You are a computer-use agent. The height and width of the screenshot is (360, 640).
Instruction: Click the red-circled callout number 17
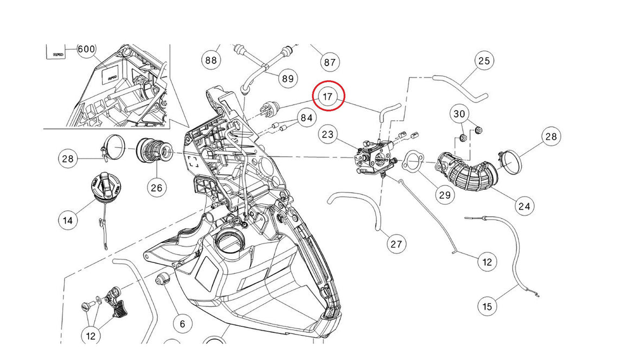[328, 97]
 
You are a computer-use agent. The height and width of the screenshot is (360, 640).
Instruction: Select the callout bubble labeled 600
[86, 49]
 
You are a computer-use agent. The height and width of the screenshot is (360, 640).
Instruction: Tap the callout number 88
[212, 60]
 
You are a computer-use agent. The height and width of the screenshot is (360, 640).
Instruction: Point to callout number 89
[287, 79]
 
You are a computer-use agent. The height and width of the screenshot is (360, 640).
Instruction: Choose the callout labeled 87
[329, 62]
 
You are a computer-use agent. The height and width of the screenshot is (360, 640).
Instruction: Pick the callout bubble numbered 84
[306, 118]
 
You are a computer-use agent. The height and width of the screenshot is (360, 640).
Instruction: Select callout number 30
[459, 114]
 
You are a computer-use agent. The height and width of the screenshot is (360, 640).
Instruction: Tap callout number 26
[156, 189]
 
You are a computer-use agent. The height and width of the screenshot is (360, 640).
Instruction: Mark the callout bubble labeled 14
[68, 220]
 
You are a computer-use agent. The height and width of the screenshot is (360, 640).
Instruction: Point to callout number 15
[487, 306]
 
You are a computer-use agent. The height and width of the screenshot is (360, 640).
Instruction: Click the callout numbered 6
[182, 324]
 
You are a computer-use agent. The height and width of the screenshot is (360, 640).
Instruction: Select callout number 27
[396, 244]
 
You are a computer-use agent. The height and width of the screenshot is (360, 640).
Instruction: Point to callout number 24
[524, 206]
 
